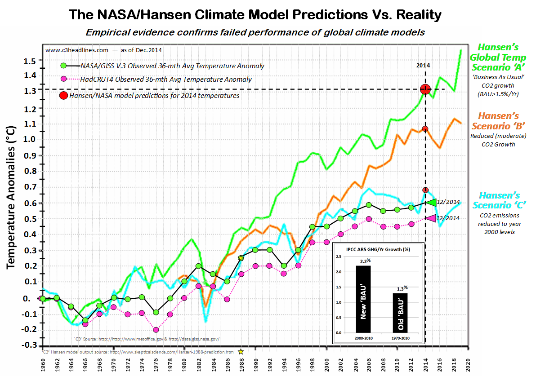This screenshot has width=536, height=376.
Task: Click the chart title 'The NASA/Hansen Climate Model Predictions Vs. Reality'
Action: tap(255, 15)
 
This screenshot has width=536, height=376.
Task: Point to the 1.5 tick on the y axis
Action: tap(29, 61)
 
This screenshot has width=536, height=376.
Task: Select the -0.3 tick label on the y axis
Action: tap(28, 345)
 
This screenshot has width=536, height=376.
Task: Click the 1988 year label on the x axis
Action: tap(241, 362)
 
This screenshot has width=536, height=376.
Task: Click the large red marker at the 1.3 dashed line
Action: tap(425, 89)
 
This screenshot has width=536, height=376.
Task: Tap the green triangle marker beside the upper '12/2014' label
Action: tap(431, 203)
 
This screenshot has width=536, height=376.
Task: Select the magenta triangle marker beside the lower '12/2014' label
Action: tap(431, 218)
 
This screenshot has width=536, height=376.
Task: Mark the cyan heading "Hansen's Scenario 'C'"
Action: tap(499, 200)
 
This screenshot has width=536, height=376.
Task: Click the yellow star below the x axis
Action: tap(241, 352)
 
